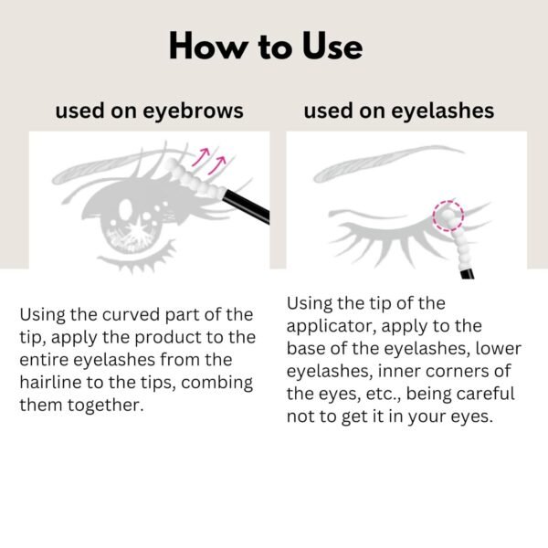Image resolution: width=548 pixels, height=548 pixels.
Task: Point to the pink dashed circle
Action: pos(447,216)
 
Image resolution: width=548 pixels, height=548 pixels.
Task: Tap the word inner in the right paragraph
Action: pos(394,371)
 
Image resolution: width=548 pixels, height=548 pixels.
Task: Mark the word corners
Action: pos(456,371)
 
